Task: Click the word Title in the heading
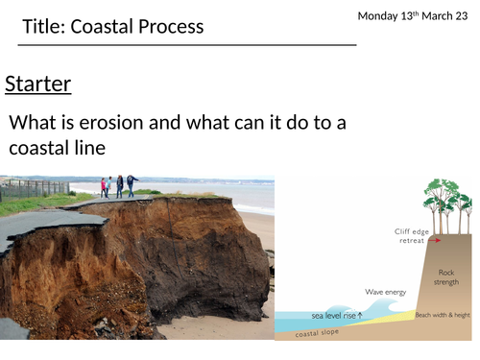pos(45,26)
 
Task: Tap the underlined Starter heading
pos(38,84)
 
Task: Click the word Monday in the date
pos(380,16)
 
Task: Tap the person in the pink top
pos(104,186)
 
